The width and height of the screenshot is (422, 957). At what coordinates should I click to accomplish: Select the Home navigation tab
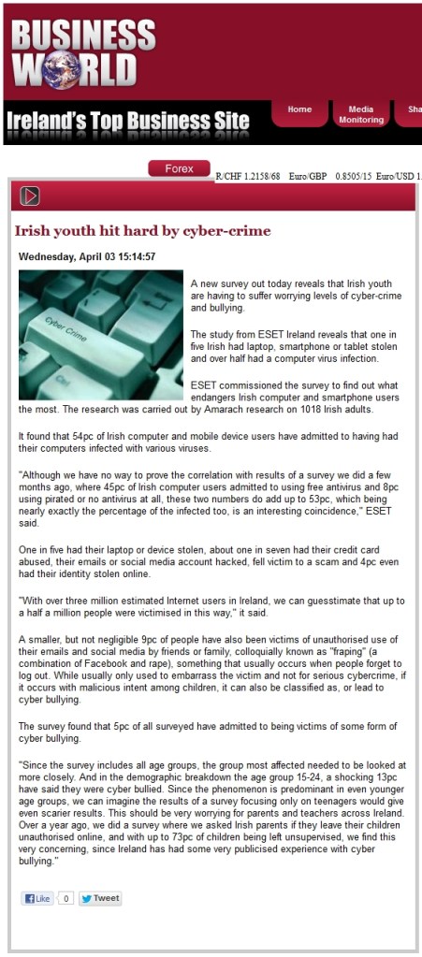tap(299, 109)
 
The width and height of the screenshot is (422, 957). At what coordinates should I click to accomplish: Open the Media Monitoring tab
tap(360, 114)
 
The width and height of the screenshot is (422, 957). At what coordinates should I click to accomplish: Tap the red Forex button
tap(179, 168)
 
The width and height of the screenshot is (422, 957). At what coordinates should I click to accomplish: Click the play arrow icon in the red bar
tap(30, 196)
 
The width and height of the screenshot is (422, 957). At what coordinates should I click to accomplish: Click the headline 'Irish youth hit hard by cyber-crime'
tap(142, 230)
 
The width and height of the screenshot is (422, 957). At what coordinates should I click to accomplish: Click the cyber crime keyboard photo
tap(101, 334)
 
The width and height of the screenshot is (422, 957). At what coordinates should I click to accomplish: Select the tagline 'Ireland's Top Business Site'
tap(128, 121)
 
